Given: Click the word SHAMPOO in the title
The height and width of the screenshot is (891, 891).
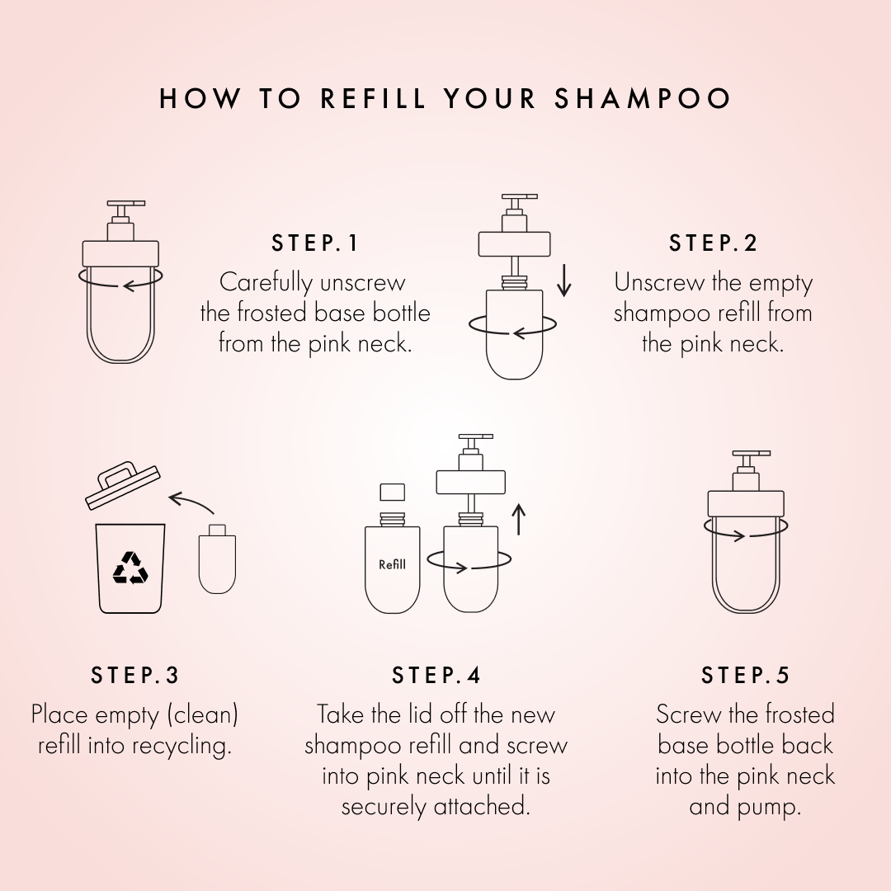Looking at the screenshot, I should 643,99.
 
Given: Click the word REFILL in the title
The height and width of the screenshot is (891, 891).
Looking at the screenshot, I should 373,99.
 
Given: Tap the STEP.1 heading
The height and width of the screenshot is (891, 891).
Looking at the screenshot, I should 315,243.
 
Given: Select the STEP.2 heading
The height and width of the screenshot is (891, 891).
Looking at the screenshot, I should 713,243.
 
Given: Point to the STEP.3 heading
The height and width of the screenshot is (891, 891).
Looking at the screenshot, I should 134,675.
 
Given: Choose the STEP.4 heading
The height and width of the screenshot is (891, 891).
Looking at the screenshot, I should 436,675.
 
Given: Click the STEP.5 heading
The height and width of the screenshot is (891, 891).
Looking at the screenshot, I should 745,675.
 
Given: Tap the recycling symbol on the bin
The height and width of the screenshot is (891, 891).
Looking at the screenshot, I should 130,568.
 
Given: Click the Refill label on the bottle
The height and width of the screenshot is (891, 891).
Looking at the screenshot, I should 393,565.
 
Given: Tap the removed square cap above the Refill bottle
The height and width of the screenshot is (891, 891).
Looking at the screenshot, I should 392,493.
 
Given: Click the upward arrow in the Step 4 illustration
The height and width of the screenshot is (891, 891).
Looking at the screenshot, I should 518,520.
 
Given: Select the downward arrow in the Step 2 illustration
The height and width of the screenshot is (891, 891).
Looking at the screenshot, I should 564,280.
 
